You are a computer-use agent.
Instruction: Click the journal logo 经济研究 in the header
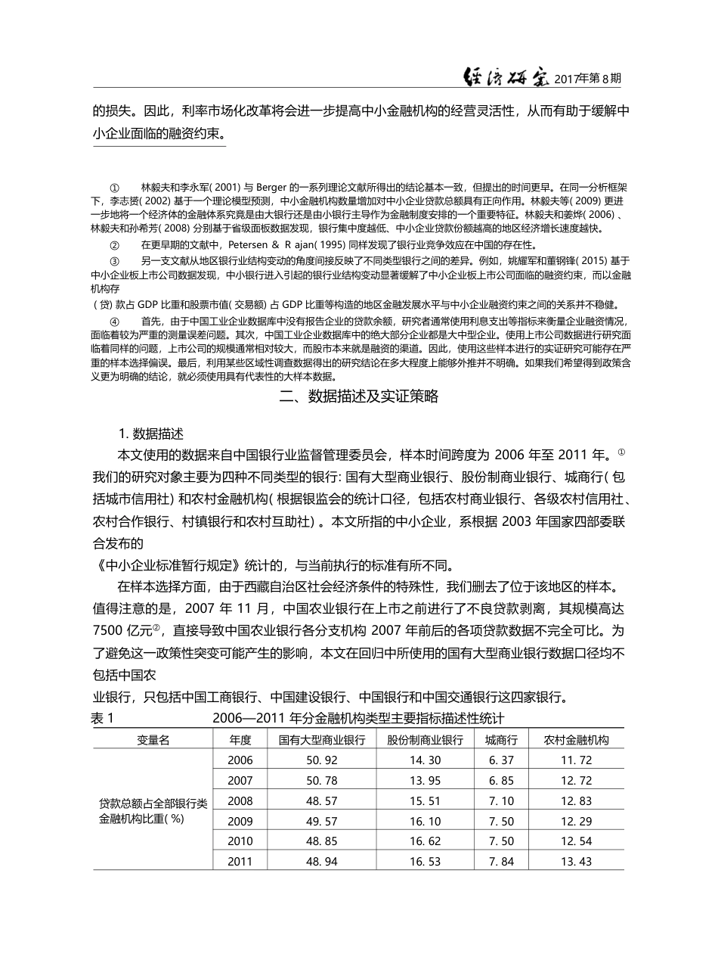506,77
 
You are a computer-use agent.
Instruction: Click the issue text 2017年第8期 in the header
589,78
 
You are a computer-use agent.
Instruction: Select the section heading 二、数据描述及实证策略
359,397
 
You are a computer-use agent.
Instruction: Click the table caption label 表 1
102,719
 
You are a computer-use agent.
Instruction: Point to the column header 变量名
153,740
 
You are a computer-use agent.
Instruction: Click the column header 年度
240,740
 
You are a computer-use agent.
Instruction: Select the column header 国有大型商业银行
322,740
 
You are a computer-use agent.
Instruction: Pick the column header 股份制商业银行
425,740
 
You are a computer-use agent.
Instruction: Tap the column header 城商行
501,740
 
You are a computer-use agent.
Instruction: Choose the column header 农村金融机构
576,740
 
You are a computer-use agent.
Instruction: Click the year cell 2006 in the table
240,760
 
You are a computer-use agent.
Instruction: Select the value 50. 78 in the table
322,781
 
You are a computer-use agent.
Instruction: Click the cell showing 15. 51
425,801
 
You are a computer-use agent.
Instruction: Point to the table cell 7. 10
501,801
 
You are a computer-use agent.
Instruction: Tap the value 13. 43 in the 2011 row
576,862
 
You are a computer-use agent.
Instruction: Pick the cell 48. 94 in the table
322,862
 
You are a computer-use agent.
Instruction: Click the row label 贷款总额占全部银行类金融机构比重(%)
153,810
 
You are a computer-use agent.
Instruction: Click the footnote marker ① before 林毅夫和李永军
115,187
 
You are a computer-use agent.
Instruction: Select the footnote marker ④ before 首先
115,322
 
